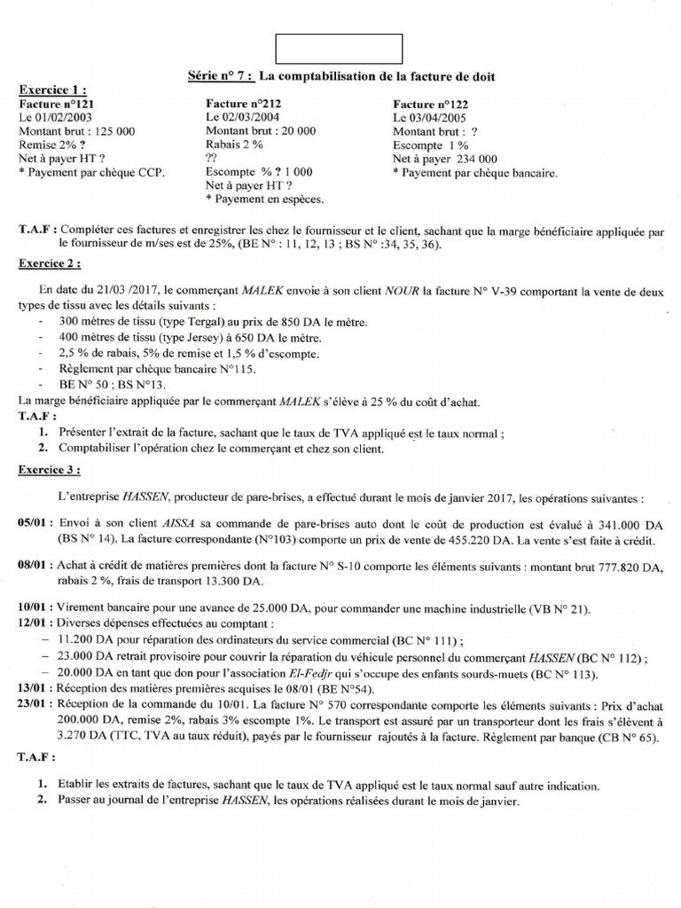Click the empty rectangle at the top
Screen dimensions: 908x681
point(340,49)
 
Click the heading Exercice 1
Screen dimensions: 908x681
point(52,90)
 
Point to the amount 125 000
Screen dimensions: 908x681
point(113,130)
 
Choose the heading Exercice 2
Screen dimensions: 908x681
point(52,263)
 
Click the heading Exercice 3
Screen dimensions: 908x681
point(52,468)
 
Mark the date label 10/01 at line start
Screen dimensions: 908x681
point(32,609)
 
